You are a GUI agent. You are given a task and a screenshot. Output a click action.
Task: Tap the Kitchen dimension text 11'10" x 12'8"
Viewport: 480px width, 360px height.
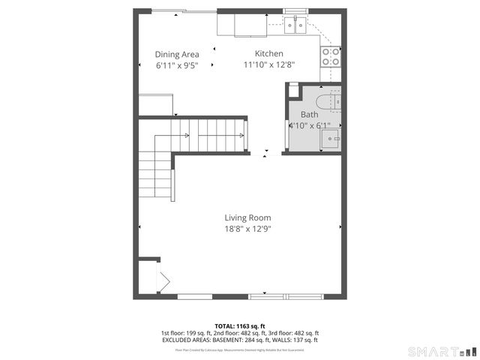(x=268, y=65)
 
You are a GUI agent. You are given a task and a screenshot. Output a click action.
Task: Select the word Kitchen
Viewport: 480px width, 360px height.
(x=268, y=54)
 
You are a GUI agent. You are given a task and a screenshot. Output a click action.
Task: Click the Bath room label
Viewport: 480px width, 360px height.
(x=309, y=115)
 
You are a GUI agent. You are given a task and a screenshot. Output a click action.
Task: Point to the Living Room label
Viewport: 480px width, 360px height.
(x=247, y=217)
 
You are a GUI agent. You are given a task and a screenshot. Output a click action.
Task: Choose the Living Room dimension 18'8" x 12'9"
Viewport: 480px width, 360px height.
(x=247, y=229)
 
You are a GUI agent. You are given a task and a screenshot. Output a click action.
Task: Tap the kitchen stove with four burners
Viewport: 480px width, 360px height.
(x=330, y=56)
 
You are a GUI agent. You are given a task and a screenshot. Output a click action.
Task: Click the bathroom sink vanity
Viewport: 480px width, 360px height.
(x=330, y=137)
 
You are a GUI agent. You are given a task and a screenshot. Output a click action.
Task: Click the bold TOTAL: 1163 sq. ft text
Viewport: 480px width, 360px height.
(x=240, y=325)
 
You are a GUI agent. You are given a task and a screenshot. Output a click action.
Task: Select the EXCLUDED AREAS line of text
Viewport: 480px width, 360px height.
(x=240, y=340)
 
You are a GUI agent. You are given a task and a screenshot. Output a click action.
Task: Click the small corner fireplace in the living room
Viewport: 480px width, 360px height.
(x=161, y=281)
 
